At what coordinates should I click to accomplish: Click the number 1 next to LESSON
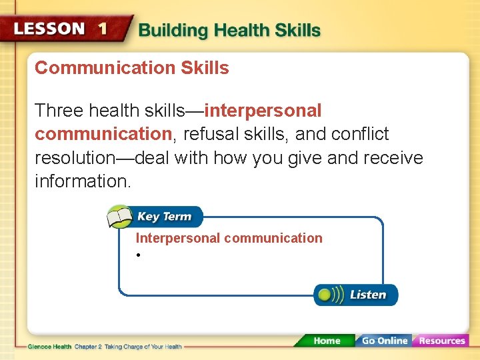pyautogui.click(x=103, y=29)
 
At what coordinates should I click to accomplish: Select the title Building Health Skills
pyautogui.click(x=229, y=31)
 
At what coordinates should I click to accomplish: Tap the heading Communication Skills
pyautogui.click(x=131, y=68)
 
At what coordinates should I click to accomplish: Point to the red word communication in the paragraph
pyautogui.click(x=103, y=135)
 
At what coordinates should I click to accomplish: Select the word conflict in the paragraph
pyautogui.click(x=361, y=135)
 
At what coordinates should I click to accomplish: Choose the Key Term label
pyautogui.click(x=164, y=217)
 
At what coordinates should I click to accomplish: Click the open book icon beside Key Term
pyautogui.click(x=121, y=217)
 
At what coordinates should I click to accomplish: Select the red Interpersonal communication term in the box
pyautogui.click(x=229, y=238)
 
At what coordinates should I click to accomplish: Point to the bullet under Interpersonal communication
pyautogui.click(x=137, y=256)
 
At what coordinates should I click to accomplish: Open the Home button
pyautogui.click(x=326, y=341)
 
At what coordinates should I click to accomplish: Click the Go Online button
pyautogui.click(x=384, y=341)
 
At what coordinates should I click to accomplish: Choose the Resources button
pyautogui.click(x=441, y=341)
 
